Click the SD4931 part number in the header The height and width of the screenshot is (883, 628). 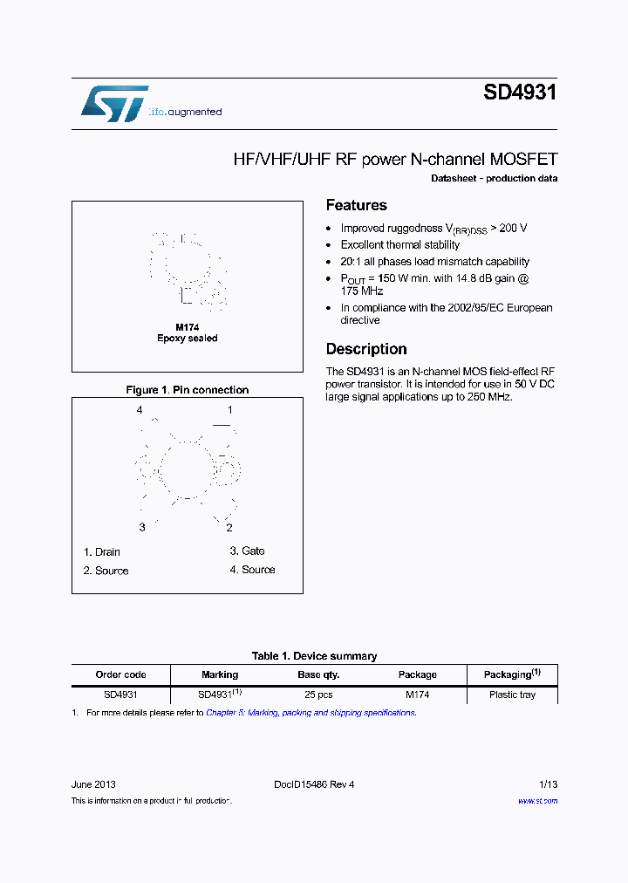pos(520,92)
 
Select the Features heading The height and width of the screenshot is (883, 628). pos(356,205)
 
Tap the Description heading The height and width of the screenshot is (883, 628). pos(366,349)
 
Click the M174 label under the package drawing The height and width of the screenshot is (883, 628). pos(188,327)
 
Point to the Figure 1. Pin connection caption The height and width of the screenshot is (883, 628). pos(188,390)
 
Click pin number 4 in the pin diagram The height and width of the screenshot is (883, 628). pos(139,410)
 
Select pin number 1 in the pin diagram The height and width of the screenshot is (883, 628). pos(230,410)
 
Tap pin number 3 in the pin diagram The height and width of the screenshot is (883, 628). pos(142,528)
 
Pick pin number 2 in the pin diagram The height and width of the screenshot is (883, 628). pos(229,528)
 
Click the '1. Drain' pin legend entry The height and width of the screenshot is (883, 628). pos(102,552)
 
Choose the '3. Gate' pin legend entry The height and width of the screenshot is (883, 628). pos(247,551)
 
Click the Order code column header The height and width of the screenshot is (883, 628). pos(120,674)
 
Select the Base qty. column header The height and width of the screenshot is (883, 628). pos(318,674)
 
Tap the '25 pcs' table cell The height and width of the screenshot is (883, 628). pos(318,695)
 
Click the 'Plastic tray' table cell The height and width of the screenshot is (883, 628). pos(512,695)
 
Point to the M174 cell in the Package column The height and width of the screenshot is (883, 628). pos(417,695)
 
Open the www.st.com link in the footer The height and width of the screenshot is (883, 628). pos(537,801)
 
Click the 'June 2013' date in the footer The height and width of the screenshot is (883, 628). pos(93,784)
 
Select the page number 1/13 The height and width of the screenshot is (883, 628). pos(546,784)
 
